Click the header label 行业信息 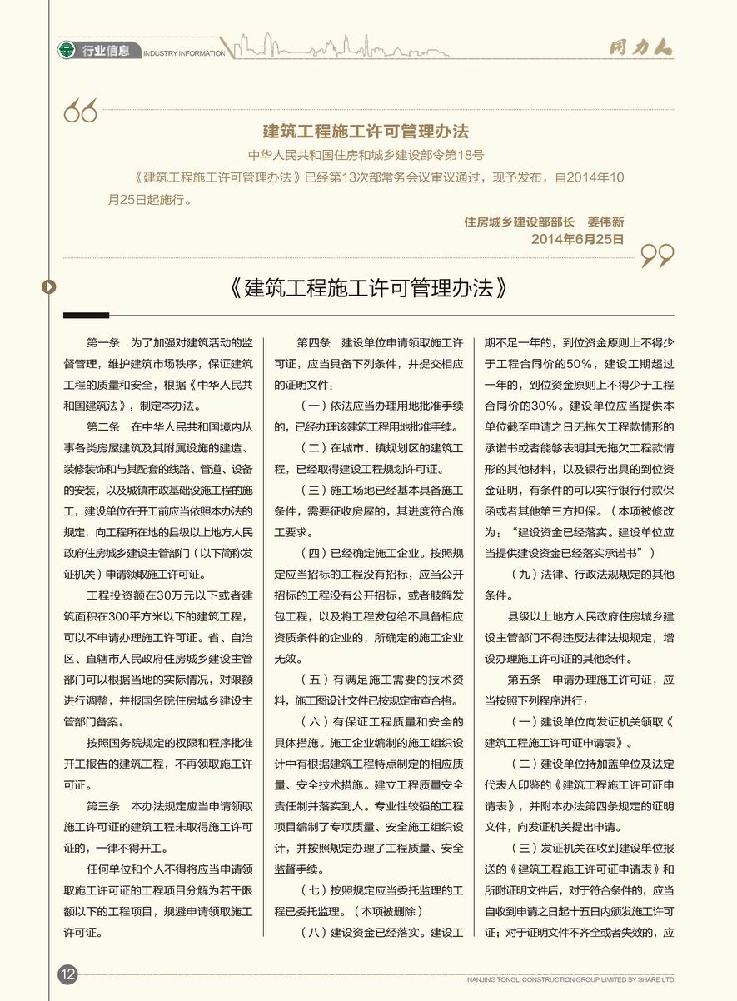pos(106,51)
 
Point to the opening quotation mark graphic pos(81,111)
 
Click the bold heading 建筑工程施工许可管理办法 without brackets pos(366,132)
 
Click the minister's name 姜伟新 pos(605,222)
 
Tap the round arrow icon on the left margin pos(49,287)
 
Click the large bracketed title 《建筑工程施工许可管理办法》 pos(366,288)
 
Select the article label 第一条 pos(103,342)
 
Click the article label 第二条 pos(103,427)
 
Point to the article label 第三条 pos(103,807)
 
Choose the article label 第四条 pos(314,342)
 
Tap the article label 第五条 pos(524,679)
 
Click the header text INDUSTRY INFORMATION pos(184,53)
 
